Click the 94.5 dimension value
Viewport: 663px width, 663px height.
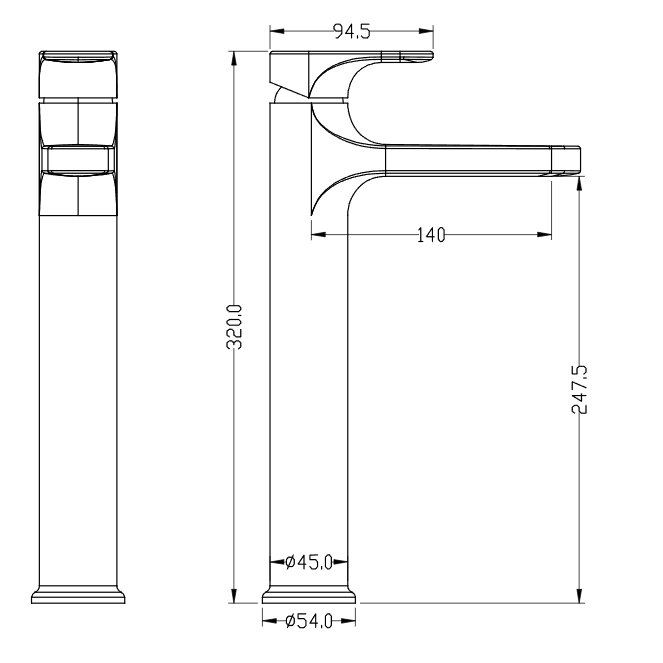(351, 32)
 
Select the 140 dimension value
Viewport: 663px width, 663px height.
(429, 236)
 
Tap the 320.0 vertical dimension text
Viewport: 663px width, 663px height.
(235, 326)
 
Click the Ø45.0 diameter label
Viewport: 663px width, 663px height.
(308, 563)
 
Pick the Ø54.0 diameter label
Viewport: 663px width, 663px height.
(308, 621)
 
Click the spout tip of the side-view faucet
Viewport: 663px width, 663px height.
(567, 159)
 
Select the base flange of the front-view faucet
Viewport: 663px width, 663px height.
(81, 595)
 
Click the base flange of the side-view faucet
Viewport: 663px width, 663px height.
(309, 595)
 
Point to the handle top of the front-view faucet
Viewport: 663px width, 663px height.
(81, 60)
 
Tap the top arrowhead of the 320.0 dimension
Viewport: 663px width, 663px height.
(235, 53)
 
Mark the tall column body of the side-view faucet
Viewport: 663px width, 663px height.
(309, 400)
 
